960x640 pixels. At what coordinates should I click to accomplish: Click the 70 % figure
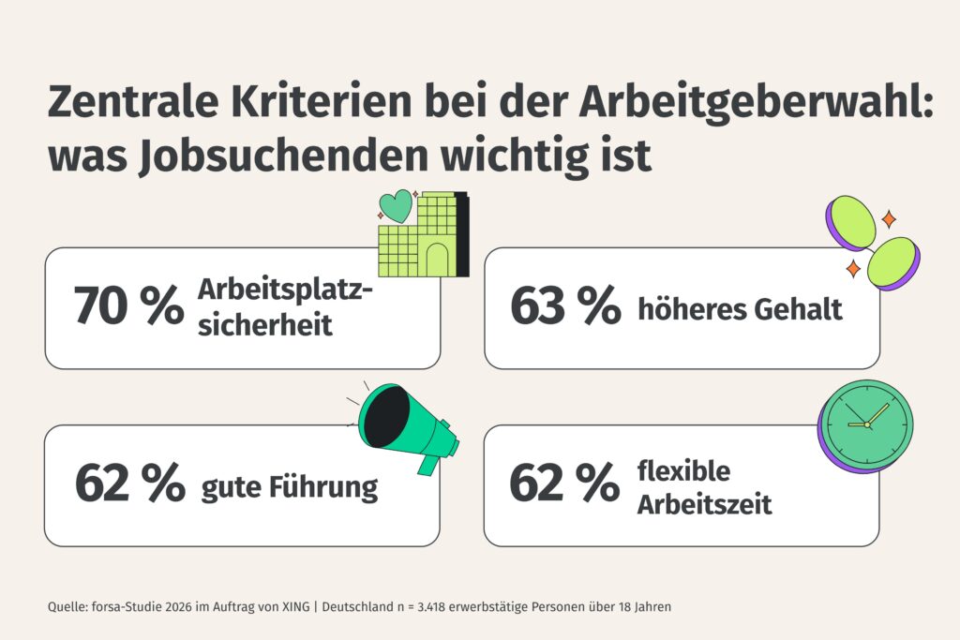tap(128, 306)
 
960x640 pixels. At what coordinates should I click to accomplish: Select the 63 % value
tap(564, 306)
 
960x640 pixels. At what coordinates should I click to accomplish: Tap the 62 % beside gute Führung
tap(128, 484)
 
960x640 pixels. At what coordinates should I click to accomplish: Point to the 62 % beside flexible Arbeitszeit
tap(564, 484)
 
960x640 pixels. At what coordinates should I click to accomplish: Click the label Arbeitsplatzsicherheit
tap(285, 306)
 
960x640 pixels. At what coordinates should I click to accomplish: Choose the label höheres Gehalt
tap(740, 308)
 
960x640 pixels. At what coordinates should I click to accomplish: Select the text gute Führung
tap(289, 487)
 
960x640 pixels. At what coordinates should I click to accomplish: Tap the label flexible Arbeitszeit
tap(704, 487)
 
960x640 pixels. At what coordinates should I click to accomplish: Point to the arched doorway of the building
tap(438, 259)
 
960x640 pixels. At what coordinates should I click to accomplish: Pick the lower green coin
tap(893, 262)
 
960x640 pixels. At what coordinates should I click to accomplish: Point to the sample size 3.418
tap(426, 607)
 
